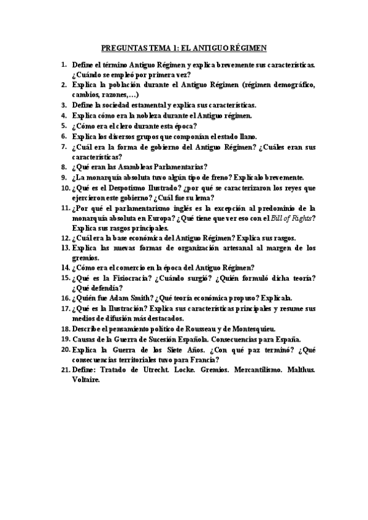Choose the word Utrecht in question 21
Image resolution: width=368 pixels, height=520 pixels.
[164, 370]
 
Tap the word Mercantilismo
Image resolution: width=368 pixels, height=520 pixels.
[261, 370]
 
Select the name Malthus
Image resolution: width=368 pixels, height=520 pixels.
[302, 370]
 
